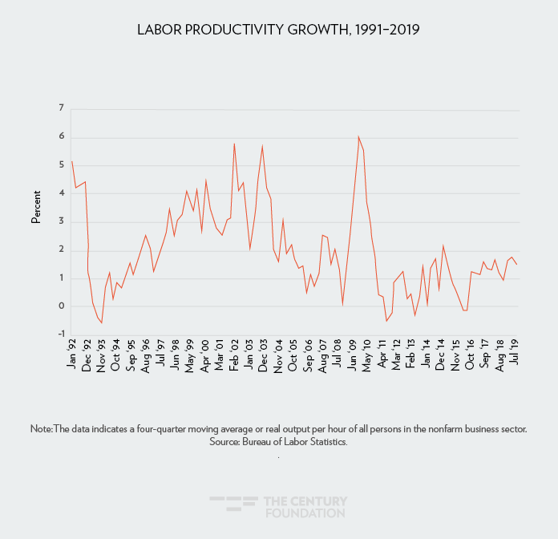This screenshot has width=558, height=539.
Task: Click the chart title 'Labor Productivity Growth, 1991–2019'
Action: (x=278, y=30)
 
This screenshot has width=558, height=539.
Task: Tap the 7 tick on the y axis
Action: (x=60, y=108)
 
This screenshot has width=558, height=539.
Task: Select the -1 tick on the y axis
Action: (x=59, y=334)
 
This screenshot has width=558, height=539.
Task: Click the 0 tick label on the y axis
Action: (x=60, y=306)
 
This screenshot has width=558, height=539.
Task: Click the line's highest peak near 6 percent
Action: (x=358, y=136)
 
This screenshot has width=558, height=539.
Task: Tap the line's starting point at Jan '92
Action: (x=72, y=161)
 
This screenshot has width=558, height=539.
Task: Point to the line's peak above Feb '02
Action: (x=234, y=144)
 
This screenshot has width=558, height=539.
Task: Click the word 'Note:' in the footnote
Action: (x=41, y=429)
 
